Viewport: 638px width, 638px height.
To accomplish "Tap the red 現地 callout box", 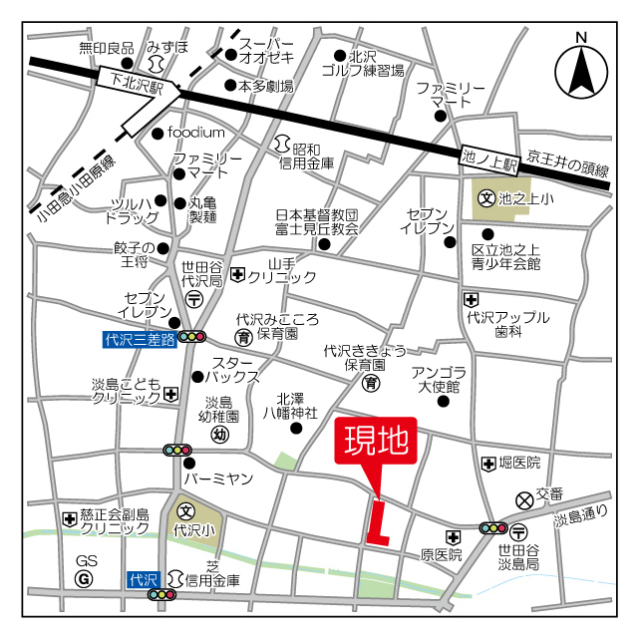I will coord(375,441).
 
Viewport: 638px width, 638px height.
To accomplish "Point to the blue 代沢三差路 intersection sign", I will coord(139,339).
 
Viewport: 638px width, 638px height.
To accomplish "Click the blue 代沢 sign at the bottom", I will coord(145,579).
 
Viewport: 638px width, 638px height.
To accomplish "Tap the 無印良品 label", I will coord(106,47).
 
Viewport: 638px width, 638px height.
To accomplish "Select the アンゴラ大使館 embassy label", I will coord(437,379).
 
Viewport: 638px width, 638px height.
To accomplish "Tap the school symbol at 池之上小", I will coord(486,198).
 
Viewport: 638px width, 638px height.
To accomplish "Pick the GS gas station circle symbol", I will coord(85,578).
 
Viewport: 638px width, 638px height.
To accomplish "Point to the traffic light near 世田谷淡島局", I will coord(493,527).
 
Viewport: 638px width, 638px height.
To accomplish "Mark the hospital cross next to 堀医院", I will coord(487,464).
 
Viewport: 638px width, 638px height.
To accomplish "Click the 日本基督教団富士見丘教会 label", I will coord(316,221).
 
